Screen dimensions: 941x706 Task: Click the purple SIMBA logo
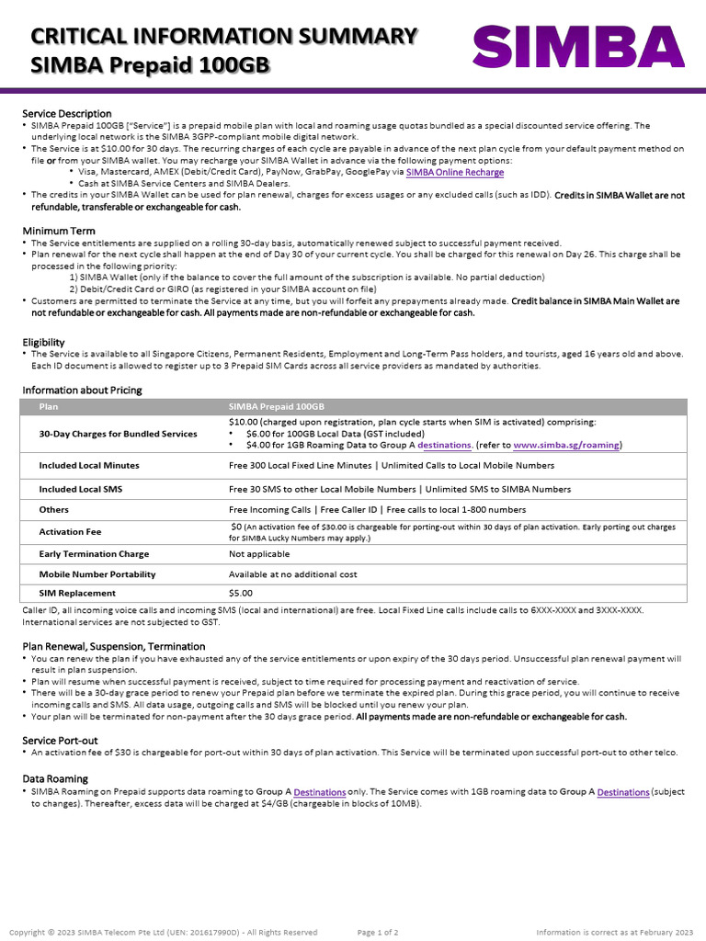[x=578, y=47]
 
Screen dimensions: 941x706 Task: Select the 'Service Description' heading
[x=67, y=114]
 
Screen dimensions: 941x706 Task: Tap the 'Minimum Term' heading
[x=59, y=231]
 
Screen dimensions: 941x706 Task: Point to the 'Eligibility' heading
[x=43, y=342]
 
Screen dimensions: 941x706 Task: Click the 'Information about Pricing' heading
[x=82, y=390]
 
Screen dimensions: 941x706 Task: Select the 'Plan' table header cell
[x=48, y=406]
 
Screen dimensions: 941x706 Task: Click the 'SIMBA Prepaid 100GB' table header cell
[x=276, y=406]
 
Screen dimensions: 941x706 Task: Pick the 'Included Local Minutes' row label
[x=89, y=466]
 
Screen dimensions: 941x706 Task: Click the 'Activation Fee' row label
[x=70, y=532]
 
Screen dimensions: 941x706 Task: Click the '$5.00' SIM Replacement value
[x=240, y=593]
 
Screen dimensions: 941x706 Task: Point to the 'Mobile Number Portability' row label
[x=97, y=574]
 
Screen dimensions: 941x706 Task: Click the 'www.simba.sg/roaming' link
[x=566, y=445]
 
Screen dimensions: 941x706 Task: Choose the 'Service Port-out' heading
[x=60, y=740]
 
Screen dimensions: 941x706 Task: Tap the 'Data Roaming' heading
[x=55, y=778]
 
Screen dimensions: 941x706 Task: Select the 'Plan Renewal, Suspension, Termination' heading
[x=113, y=646]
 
